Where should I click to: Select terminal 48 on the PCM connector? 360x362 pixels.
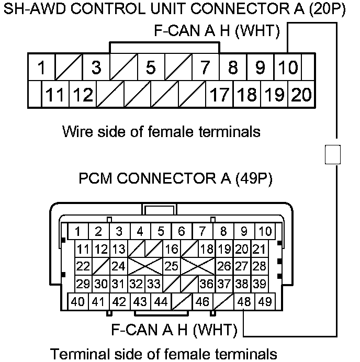pyautogui.click(x=244, y=301)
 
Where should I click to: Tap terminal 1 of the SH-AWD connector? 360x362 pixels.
pyautogui.click(x=41, y=68)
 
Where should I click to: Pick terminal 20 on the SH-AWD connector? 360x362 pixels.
pyautogui.click(x=301, y=95)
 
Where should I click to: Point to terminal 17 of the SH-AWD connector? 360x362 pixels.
pyautogui.click(x=220, y=95)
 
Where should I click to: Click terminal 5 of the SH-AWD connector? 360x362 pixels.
pyautogui.click(x=151, y=68)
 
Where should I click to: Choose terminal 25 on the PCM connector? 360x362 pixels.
pyautogui.click(x=171, y=266)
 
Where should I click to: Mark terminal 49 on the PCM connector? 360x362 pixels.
pyautogui.click(x=265, y=301)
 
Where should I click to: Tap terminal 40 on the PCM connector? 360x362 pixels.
pyautogui.click(x=78, y=301)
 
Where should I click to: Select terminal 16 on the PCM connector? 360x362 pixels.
pyautogui.click(x=171, y=249)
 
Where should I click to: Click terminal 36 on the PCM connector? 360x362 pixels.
pyautogui.click(x=207, y=284)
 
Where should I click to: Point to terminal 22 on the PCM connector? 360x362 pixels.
pyautogui.click(x=83, y=266)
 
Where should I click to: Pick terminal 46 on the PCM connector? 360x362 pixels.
pyautogui.click(x=202, y=301)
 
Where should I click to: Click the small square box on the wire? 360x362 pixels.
pyautogui.click(x=333, y=154)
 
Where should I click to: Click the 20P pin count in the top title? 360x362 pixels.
pyautogui.click(x=329, y=10)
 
